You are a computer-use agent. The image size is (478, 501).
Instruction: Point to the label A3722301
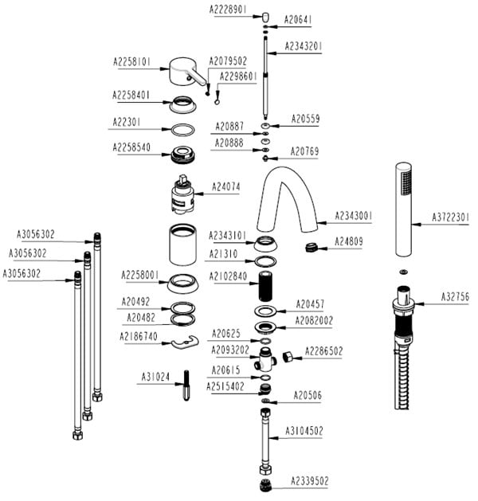pos(451,216)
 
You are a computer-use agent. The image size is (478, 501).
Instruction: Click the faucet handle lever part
pos(184,74)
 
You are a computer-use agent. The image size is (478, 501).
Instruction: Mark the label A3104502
pos(305,431)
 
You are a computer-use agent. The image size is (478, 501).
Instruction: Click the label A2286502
pos(326,349)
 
